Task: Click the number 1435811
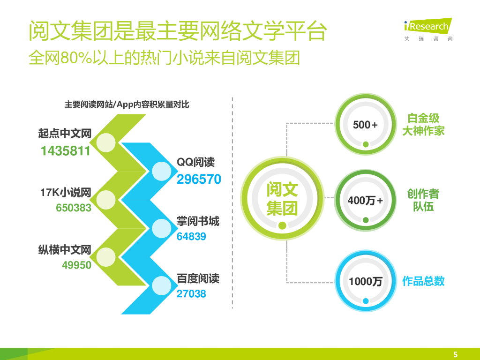click(65, 151)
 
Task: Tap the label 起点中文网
click(64, 134)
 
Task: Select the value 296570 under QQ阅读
click(199, 180)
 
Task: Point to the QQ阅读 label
click(195, 163)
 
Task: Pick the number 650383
click(74, 208)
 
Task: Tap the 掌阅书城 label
click(198, 221)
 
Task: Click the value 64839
click(191, 237)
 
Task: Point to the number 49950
click(76, 265)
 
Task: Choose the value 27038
click(191, 294)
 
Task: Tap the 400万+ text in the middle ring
click(365, 201)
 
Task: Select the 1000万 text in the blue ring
click(365, 281)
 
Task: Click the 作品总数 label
click(423, 281)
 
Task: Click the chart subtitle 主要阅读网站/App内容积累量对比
click(127, 105)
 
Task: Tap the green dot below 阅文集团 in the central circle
click(282, 225)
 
